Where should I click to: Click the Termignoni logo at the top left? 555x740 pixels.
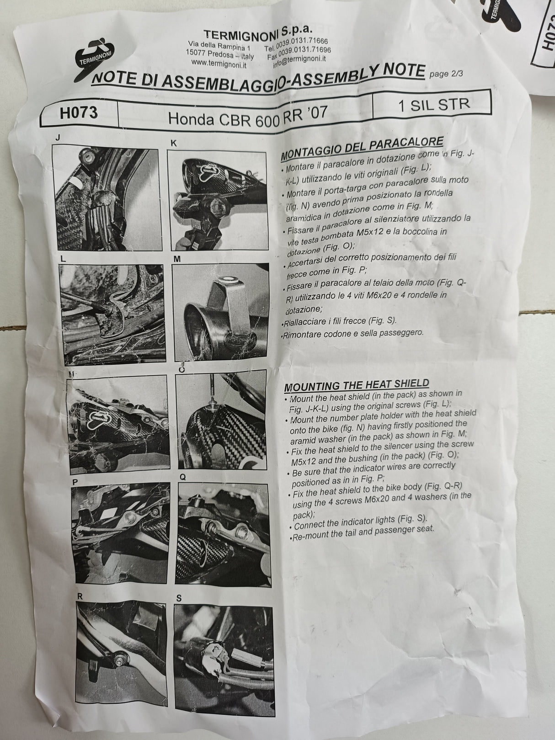coord(94,57)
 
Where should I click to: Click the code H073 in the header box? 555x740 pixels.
coord(79,113)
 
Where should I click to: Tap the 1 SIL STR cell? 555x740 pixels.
coord(433,104)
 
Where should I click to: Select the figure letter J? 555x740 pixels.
coord(56,137)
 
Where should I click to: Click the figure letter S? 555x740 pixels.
coord(179,597)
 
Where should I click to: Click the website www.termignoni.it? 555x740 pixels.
coord(219,64)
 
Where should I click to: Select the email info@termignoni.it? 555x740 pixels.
coord(299,59)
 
